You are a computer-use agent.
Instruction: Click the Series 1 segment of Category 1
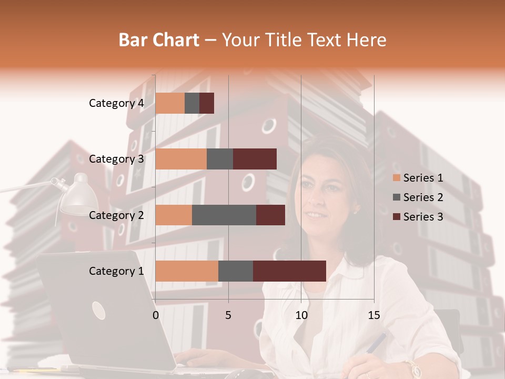coord(187,271)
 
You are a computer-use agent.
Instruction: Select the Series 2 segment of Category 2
coord(224,215)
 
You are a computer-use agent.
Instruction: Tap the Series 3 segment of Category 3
coord(255,159)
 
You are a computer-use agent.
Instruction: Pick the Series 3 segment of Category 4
coord(207,103)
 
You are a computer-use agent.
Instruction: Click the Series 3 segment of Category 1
coord(289,271)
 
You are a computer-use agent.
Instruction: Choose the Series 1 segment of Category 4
coord(170,103)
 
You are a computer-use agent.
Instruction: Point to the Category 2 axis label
coord(116,215)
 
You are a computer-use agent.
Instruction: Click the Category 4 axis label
coord(116,103)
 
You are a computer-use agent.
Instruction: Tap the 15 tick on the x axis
coord(373,315)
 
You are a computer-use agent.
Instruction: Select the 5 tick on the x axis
coord(228,315)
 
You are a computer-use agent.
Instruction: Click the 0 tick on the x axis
coord(156,315)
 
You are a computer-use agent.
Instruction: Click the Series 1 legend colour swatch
coord(396,178)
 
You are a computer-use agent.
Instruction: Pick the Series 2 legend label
coord(423,197)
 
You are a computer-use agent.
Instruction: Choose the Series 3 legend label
coord(423,217)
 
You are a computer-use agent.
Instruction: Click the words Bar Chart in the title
coord(159,40)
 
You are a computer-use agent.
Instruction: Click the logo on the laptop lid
coord(98,311)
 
